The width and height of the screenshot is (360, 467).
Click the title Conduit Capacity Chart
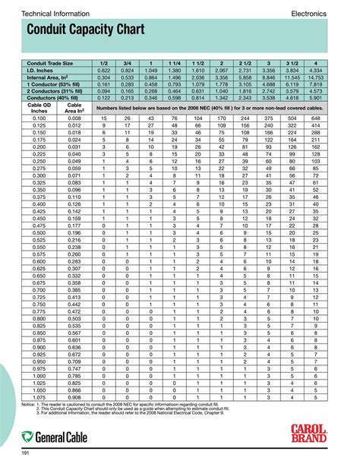82,31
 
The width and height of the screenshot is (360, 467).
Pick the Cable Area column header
74,109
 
